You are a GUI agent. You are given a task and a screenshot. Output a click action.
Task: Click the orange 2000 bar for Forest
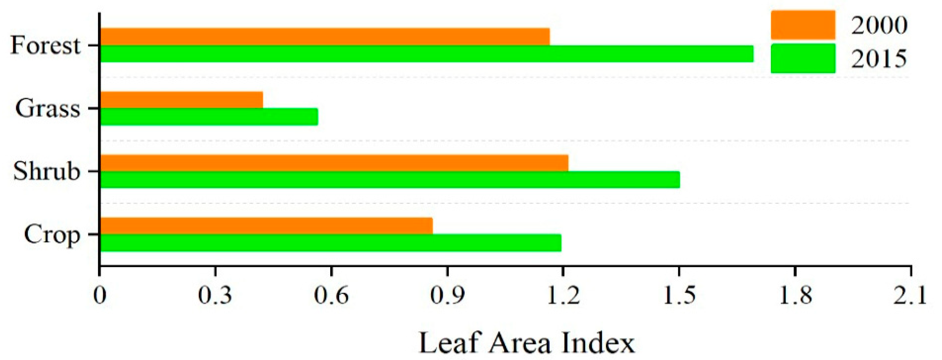(325, 37)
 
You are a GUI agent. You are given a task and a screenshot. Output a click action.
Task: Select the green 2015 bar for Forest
(426, 54)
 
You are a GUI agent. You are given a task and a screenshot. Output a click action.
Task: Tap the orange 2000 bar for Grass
(181, 100)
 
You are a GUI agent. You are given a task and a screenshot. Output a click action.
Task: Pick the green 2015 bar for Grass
(209, 117)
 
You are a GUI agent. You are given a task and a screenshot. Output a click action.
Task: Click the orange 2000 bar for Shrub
(334, 163)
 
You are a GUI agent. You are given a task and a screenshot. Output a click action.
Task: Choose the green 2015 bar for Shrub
(390, 180)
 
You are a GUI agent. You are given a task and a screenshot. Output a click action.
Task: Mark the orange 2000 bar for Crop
(266, 226)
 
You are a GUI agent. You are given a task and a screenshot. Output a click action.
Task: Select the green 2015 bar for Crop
(331, 243)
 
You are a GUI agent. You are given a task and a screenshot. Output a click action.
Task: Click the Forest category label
(45, 46)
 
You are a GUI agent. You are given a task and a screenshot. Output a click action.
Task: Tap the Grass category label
(47, 109)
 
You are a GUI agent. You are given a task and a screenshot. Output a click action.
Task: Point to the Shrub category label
(46, 171)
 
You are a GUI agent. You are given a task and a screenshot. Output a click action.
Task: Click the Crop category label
(52, 234)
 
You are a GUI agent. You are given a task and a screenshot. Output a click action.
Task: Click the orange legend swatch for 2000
(803, 25)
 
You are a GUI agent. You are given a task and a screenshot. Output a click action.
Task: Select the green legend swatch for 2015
(803, 59)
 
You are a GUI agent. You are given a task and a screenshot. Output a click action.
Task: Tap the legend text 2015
(879, 59)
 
